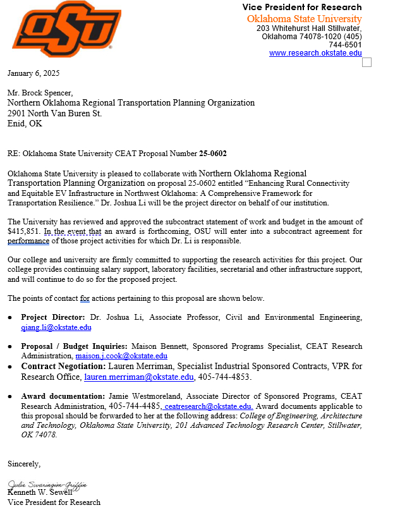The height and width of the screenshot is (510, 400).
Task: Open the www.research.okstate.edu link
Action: pos(315,53)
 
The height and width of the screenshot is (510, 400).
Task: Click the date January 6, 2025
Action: pos(32,73)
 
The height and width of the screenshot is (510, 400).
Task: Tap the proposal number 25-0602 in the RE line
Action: pos(213,154)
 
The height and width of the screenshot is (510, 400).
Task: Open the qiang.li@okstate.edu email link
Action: pos(56,327)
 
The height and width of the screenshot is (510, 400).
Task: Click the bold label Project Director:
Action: pos(53,317)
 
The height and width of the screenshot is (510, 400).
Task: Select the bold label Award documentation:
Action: pos(63,396)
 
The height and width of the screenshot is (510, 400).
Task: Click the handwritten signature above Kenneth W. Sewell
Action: pos(47,484)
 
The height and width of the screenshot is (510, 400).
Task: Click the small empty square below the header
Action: pos(367,62)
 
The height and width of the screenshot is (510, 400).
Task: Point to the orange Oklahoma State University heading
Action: pos(304,19)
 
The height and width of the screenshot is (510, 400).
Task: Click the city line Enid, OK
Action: pos(25,124)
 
